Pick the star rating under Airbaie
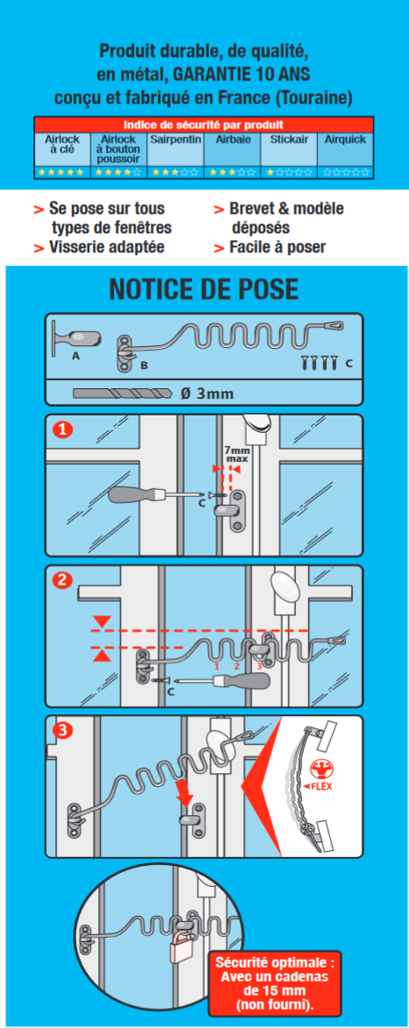pos(232,173)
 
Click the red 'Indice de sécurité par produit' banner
pos(203,124)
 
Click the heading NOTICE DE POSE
pos(204,288)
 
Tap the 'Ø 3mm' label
pos(207,393)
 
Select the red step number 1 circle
pos(62,429)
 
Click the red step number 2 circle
pos(62,580)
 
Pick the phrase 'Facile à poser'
pos(278,247)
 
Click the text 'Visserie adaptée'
pos(107,247)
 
